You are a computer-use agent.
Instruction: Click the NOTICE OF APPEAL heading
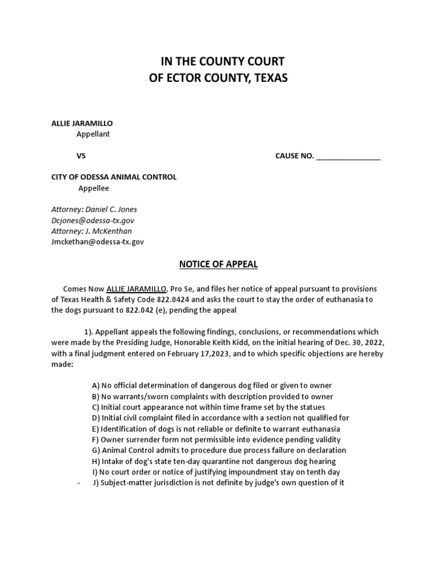[x=218, y=264]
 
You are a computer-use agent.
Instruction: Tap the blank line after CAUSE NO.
[x=348, y=157]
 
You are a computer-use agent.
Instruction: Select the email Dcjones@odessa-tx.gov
[x=93, y=220]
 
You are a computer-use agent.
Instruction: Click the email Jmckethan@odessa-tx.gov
[x=97, y=242]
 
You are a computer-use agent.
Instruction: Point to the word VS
[x=81, y=156]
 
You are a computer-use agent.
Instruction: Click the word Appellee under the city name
[x=93, y=188]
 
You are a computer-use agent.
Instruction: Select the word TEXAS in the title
[x=269, y=78]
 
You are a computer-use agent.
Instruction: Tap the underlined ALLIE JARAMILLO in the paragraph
[x=137, y=289]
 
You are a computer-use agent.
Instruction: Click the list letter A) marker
[x=95, y=386]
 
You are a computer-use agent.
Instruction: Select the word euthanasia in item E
[x=321, y=429]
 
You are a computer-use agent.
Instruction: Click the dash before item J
[x=78, y=483]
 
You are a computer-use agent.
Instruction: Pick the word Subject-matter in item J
[x=127, y=483]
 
